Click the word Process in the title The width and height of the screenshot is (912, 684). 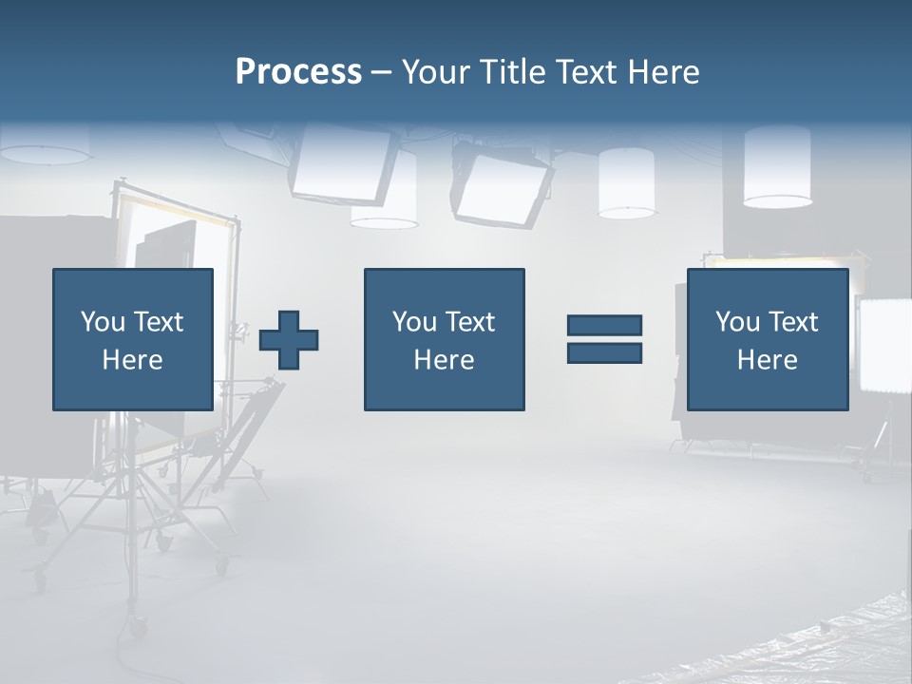(x=298, y=72)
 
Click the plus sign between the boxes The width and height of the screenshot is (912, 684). (x=289, y=339)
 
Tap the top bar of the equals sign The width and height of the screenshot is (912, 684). (x=604, y=325)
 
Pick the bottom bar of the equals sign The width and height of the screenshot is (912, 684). (x=604, y=352)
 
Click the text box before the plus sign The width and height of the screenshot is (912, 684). (x=133, y=339)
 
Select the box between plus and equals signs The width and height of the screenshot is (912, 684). (x=444, y=339)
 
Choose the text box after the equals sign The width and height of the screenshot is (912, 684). (x=768, y=339)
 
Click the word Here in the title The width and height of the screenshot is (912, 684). (x=663, y=72)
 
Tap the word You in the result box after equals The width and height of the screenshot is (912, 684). (x=737, y=322)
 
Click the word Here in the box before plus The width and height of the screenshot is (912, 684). (x=133, y=360)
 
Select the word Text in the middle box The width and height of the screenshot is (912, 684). (x=469, y=322)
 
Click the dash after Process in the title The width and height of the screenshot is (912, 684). (x=381, y=72)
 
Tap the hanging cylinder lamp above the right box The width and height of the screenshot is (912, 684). (x=777, y=166)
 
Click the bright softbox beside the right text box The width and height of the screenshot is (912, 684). (x=883, y=344)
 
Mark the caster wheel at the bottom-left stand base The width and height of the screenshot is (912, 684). (x=140, y=628)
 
